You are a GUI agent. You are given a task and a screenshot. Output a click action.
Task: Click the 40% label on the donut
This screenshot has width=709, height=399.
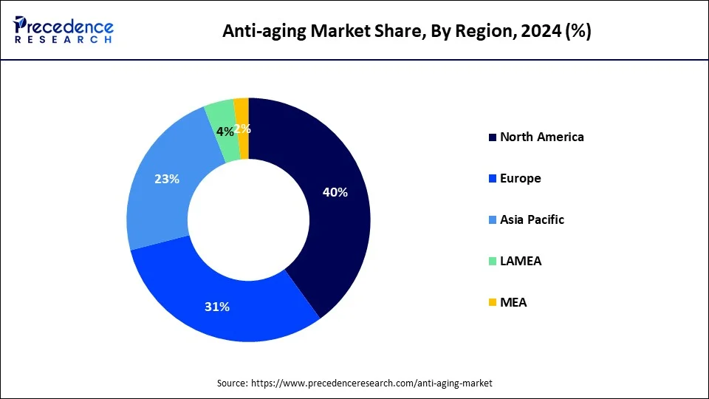point(335,192)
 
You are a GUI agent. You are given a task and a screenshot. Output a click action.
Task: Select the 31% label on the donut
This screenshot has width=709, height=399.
point(216,307)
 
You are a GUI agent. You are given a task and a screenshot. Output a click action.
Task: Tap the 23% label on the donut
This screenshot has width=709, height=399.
point(167,178)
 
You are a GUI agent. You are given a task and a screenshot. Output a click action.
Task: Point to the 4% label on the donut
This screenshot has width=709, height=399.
point(225,132)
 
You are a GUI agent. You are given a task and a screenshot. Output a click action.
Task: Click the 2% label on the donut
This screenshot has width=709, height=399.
point(243,129)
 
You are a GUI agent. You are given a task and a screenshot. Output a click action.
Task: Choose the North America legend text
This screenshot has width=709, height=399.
point(541,137)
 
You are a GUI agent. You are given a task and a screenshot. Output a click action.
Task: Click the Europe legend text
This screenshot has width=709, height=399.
point(520,178)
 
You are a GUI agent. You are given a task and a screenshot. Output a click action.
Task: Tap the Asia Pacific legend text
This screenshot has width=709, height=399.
point(532,219)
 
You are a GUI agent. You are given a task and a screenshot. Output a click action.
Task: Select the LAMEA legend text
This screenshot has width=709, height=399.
point(520,261)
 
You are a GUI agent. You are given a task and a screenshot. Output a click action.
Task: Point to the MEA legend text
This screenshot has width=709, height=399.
point(513,302)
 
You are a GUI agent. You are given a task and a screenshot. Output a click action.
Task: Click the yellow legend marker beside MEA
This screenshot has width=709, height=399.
point(492,303)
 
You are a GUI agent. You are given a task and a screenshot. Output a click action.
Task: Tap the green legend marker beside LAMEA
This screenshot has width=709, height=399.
point(492,262)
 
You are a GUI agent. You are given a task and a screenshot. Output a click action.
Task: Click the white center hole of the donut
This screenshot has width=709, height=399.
point(248,219)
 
